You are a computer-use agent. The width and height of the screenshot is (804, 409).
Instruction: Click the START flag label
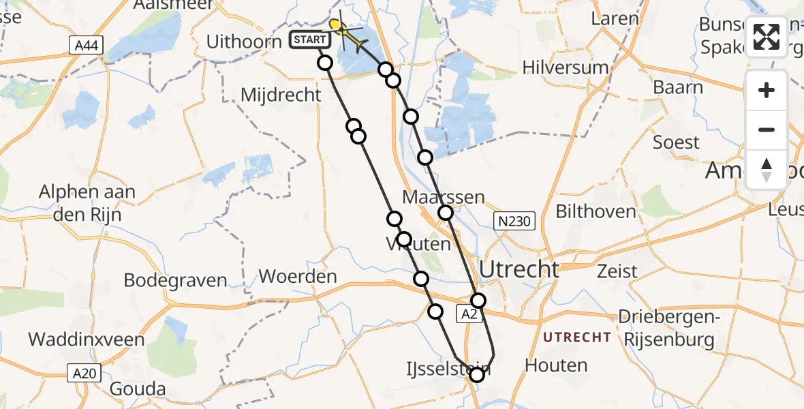[x=310, y=40]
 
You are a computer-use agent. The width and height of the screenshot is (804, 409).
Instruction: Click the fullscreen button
[x=767, y=37]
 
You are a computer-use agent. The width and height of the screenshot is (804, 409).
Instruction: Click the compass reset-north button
[x=767, y=170]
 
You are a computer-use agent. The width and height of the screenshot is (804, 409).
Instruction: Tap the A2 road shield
[x=467, y=314]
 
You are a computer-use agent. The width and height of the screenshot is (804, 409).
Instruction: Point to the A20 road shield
[x=85, y=373]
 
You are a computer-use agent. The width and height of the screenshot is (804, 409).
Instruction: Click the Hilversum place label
[x=565, y=67]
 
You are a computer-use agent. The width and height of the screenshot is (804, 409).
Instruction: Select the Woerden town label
[x=298, y=277]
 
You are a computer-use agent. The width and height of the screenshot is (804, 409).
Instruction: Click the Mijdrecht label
[x=281, y=95]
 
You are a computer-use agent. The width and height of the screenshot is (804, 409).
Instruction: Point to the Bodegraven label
[x=175, y=280]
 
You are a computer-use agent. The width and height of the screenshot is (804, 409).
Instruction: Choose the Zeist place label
[x=617, y=271]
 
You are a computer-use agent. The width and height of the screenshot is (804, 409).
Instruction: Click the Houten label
[x=556, y=365]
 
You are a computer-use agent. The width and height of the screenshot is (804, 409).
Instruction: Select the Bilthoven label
[x=596, y=211]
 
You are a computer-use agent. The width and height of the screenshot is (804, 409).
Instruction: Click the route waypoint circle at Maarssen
[x=446, y=213]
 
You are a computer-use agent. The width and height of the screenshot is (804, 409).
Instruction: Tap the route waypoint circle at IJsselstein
[x=476, y=374]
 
